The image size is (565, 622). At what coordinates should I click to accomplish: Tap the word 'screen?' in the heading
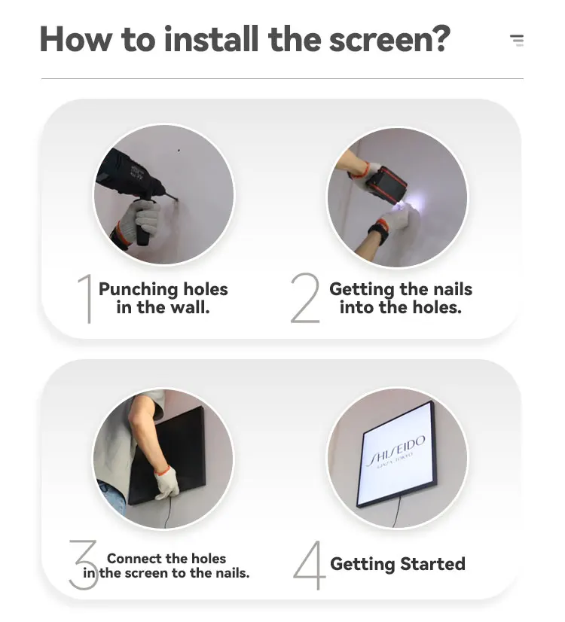(389, 39)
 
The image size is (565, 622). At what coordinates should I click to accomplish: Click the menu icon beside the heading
(517, 41)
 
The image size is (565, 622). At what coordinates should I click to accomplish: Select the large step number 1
(86, 299)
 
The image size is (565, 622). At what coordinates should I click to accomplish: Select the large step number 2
(306, 297)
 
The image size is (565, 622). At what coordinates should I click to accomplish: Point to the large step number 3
(84, 565)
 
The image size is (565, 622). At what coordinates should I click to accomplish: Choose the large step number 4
(310, 566)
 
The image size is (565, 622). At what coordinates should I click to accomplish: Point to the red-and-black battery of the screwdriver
(386, 184)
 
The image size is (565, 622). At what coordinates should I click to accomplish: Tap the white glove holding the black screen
(166, 483)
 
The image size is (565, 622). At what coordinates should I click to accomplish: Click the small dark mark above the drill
(179, 151)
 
